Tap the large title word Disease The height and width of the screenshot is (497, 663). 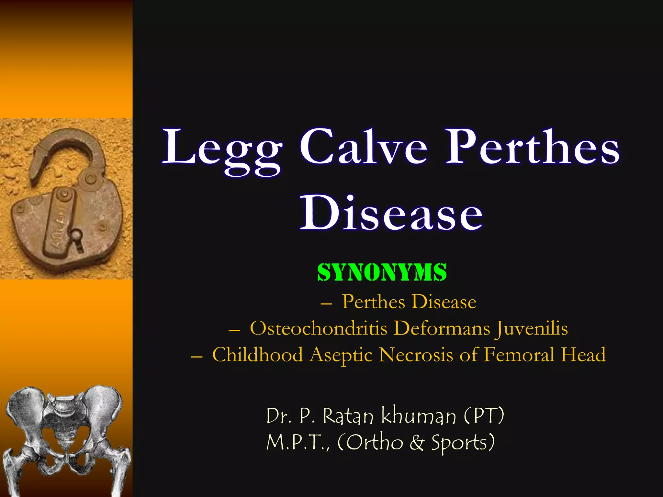pos(391,214)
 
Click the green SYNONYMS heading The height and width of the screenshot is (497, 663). pos(382,272)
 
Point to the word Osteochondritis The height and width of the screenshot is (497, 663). pos(319,328)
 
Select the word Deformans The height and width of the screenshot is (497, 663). pos(442,328)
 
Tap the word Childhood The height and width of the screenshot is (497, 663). pos(258,355)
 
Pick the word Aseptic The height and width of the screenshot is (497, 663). pos(341,355)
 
